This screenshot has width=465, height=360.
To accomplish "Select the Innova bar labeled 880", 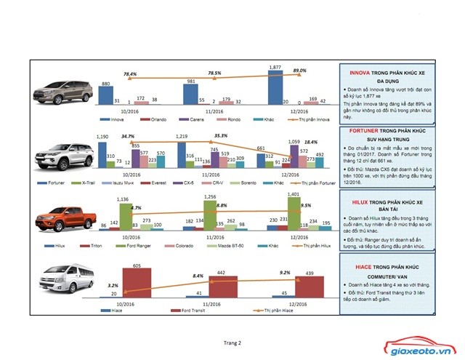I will (x=105, y=96).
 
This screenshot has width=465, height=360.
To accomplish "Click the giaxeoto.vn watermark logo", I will (x=424, y=348).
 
